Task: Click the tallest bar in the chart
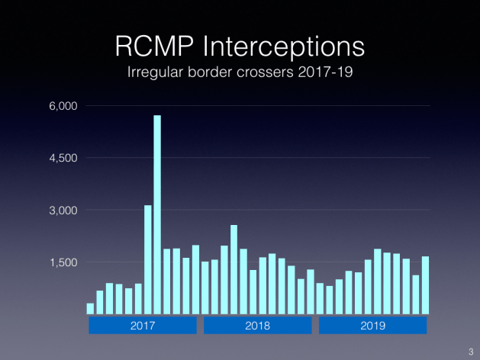coord(157,214)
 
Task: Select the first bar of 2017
coord(90,308)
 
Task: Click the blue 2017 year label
coord(143,325)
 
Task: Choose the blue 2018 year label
coord(257,325)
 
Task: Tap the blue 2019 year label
coord(372,325)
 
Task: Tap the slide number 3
coord(470,350)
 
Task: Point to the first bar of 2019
coord(320,298)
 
